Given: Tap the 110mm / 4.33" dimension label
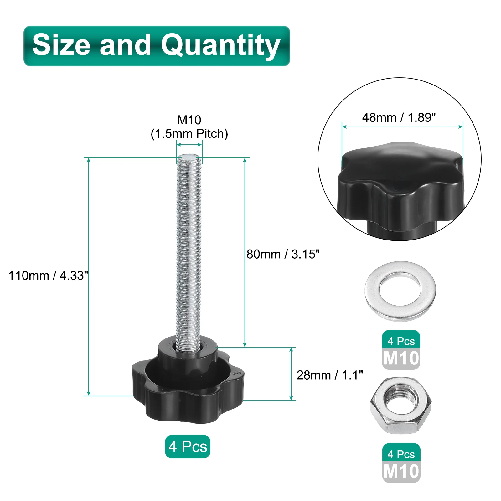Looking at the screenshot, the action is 48,276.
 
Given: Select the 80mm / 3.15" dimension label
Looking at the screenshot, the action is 283,254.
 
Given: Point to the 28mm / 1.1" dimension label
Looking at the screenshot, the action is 330,375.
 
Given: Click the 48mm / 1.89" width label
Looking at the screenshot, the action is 399,117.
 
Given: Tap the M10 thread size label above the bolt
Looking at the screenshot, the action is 189,120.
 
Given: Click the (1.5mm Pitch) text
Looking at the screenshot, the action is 189,134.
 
